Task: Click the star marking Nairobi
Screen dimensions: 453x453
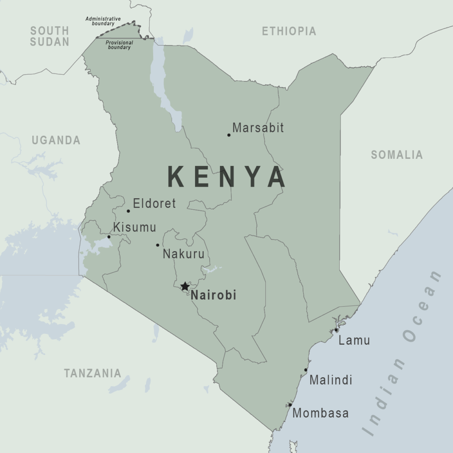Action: (x=185, y=286)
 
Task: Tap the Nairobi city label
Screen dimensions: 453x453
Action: (x=213, y=295)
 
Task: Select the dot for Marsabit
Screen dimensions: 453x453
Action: (x=229, y=135)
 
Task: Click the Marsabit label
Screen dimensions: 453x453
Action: (x=258, y=128)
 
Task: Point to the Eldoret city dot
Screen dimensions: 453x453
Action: (x=128, y=211)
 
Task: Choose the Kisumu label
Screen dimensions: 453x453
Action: (x=134, y=227)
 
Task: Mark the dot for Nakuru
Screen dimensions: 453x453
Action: (x=157, y=245)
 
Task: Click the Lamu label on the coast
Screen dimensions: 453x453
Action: (x=354, y=341)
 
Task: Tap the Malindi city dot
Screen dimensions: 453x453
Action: (x=306, y=370)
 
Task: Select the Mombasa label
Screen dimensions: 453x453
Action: (x=320, y=414)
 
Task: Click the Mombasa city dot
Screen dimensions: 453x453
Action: (x=290, y=405)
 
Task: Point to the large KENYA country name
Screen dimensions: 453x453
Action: (x=226, y=177)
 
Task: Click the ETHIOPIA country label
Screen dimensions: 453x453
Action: (x=289, y=31)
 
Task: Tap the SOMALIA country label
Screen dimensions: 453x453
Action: (x=396, y=155)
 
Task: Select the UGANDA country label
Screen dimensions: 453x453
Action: (x=56, y=141)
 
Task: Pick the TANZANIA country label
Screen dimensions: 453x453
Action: (x=92, y=373)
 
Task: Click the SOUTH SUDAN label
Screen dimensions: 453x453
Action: (x=50, y=36)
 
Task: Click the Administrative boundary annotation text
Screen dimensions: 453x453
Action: (x=103, y=21)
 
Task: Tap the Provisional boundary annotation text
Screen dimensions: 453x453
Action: (x=119, y=45)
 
